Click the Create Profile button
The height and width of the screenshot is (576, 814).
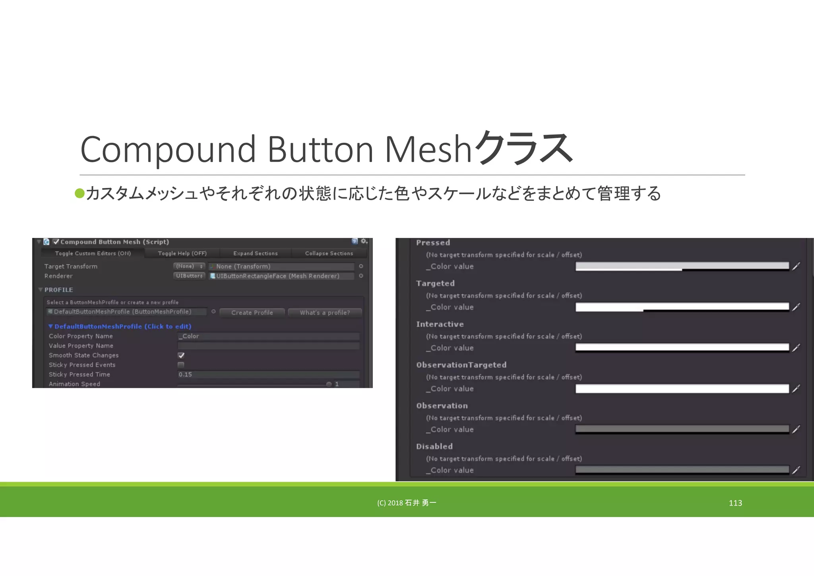pyautogui.click(x=252, y=313)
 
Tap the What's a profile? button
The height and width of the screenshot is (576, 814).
pyautogui.click(x=325, y=313)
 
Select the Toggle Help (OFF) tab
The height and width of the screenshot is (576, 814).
pyautogui.click(x=182, y=253)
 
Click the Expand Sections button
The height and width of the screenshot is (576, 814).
pyautogui.click(x=255, y=253)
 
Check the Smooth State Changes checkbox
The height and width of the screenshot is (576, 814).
pyautogui.click(x=181, y=356)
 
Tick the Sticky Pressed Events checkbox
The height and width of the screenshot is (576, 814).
pyautogui.click(x=181, y=365)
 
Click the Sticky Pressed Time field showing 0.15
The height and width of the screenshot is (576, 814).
pyautogui.click(x=268, y=374)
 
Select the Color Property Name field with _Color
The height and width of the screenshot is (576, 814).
pyautogui.click(x=268, y=336)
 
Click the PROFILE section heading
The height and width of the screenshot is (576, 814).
pyautogui.click(x=58, y=290)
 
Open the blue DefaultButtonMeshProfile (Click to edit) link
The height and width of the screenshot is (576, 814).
pyautogui.click(x=122, y=327)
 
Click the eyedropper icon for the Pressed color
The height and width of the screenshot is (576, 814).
pyautogui.click(x=796, y=267)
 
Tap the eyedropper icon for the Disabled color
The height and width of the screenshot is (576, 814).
pyautogui.click(x=796, y=470)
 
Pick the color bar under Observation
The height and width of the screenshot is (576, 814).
pyautogui.click(x=682, y=429)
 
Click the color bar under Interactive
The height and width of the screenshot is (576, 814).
pyautogui.click(x=682, y=348)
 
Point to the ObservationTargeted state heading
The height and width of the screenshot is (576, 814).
pyautogui.click(x=461, y=365)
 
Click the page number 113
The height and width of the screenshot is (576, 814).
pyautogui.click(x=735, y=503)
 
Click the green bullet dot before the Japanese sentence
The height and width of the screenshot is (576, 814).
pyautogui.click(x=80, y=193)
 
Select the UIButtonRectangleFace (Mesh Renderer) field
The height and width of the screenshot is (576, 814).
pyautogui.click(x=281, y=276)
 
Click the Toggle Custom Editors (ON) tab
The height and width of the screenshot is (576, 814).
pyautogui.click(x=93, y=253)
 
